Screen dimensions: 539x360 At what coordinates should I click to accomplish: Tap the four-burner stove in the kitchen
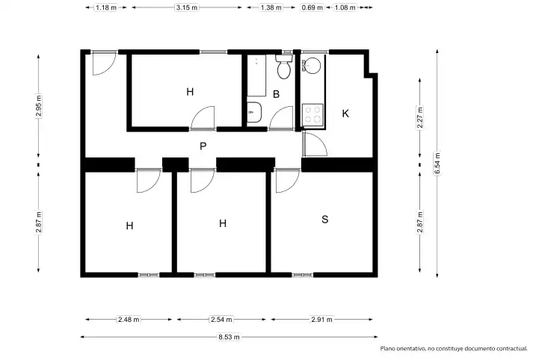tap(312, 114)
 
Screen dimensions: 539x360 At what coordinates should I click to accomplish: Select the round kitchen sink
tap(312, 65)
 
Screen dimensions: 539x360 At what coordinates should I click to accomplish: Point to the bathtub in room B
tap(256, 75)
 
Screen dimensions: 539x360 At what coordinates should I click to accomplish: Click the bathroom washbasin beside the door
tap(254, 112)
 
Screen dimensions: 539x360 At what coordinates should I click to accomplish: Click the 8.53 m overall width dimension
tap(229, 337)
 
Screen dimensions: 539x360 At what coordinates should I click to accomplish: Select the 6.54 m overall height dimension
tap(437, 164)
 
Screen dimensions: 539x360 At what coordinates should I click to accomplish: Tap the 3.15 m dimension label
tap(187, 7)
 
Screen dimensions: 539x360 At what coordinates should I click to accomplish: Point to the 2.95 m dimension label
tap(39, 106)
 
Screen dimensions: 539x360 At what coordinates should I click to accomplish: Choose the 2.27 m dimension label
tap(419, 117)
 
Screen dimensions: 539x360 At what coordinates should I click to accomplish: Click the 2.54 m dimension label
tap(221, 320)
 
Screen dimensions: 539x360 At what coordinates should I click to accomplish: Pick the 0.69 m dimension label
tap(312, 7)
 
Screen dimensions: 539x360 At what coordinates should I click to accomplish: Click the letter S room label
tap(325, 219)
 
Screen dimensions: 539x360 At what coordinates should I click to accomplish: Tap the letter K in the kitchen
tap(345, 114)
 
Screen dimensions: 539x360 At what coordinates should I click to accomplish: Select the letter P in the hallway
tap(203, 146)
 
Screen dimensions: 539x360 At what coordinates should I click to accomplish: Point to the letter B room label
tap(276, 94)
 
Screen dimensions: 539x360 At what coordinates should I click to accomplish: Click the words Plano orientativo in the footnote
tap(402, 349)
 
